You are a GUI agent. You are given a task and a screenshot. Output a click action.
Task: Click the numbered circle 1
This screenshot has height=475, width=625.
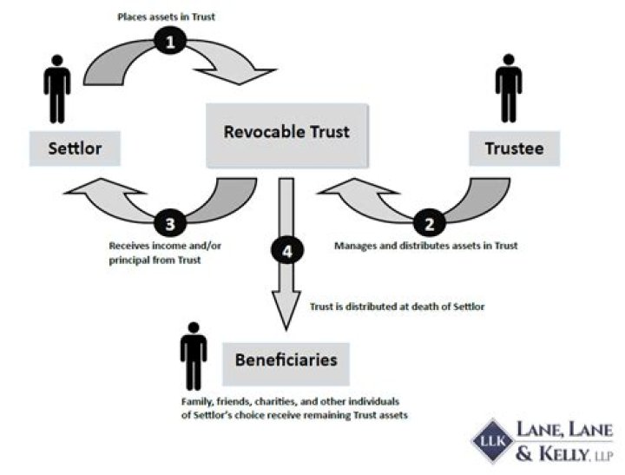click(x=170, y=41)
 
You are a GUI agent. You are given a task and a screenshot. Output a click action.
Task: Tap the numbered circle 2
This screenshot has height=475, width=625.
click(x=429, y=223)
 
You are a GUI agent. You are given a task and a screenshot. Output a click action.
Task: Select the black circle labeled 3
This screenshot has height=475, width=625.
click(x=170, y=223)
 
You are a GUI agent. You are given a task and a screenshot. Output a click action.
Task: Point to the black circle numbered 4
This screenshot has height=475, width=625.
click(x=287, y=251)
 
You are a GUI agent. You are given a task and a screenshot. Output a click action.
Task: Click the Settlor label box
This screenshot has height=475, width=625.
click(x=75, y=148)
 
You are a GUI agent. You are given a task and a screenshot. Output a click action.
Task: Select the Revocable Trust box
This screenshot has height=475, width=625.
click(x=287, y=135)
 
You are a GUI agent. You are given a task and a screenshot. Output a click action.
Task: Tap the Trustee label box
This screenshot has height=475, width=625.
click(x=514, y=148)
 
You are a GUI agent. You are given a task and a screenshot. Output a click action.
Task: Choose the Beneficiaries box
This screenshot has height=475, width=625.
click(x=286, y=364)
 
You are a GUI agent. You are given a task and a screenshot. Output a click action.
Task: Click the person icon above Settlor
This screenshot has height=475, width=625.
click(x=57, y=89)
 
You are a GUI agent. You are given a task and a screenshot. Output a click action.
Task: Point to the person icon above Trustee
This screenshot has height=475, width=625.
click(x=509, y=89)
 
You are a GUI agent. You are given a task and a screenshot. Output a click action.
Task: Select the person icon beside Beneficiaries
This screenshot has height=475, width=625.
click(x=194, y=356)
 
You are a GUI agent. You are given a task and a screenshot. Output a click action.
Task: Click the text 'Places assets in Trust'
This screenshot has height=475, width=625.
click(x=166, y=16)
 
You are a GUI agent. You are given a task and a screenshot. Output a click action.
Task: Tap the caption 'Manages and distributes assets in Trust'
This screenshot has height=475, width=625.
click(x=425, y=246)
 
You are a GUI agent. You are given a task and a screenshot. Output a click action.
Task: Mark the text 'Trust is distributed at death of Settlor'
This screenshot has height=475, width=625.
click(x=398, y=307)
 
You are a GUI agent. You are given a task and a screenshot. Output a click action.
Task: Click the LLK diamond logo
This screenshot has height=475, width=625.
click(x=493, y=441)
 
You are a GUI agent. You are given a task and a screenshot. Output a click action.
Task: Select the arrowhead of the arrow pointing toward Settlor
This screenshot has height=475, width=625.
click(x=104, y=192)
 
